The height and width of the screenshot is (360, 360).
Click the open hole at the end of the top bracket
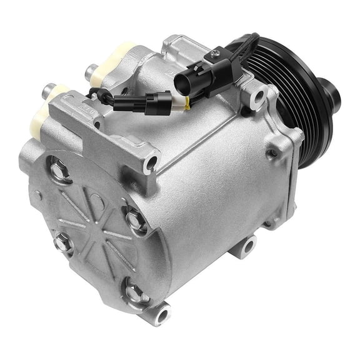click(x=150, y=164)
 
